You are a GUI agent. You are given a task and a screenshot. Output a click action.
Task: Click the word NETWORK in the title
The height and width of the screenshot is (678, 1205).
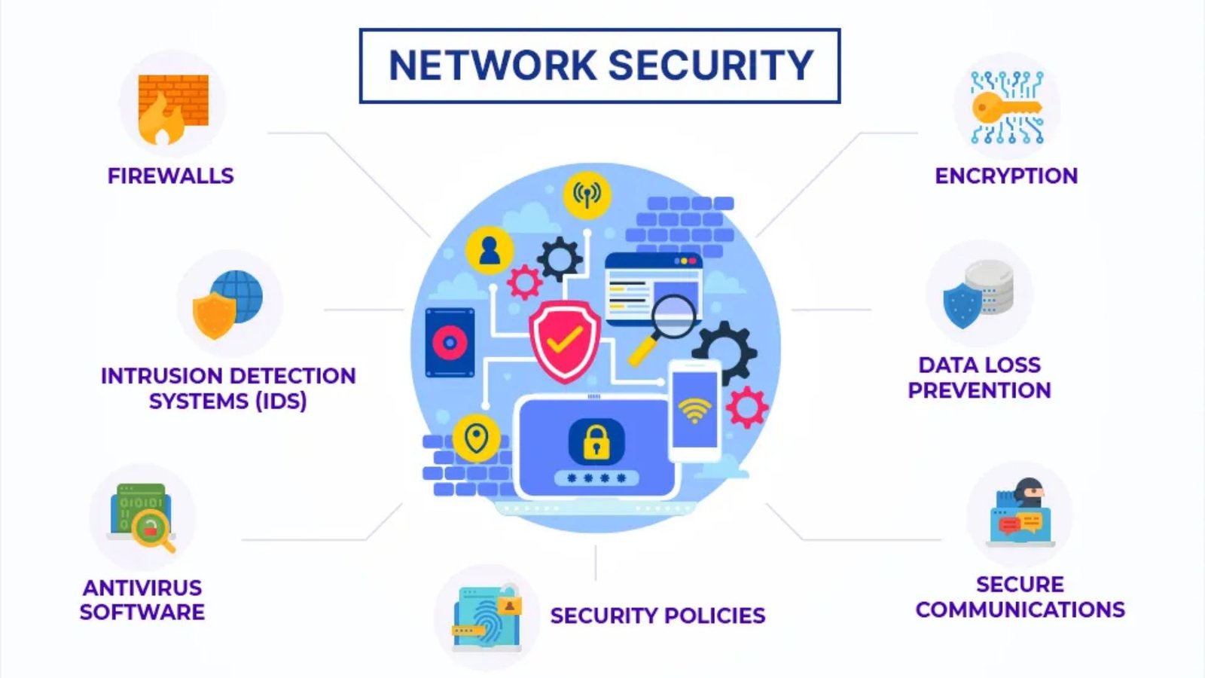493,65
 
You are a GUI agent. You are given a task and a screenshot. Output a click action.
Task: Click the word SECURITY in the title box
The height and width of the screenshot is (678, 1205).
711,65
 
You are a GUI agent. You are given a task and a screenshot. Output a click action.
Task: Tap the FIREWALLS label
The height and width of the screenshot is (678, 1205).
170,176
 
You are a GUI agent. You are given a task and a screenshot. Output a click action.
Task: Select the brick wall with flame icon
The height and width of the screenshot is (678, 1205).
172,109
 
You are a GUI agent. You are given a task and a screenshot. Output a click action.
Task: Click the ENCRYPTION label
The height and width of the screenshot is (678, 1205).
1006,176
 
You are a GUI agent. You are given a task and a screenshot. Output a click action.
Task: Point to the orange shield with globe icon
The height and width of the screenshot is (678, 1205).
228,304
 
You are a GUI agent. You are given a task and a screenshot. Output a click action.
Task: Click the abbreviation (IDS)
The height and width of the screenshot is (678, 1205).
282,401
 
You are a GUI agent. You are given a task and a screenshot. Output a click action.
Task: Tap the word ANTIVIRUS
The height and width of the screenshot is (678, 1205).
142,588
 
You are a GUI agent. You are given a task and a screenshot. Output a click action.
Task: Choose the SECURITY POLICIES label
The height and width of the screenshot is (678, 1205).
657,615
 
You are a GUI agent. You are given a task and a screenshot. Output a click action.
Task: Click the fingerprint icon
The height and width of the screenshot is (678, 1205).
487,618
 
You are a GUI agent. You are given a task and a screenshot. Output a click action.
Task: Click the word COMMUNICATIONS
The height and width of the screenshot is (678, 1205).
1020,609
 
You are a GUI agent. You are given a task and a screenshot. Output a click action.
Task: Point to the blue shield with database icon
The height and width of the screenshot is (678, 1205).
978,295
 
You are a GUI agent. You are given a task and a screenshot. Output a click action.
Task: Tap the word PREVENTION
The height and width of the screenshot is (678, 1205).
979,390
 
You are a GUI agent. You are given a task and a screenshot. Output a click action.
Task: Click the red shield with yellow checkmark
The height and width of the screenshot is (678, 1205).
564,341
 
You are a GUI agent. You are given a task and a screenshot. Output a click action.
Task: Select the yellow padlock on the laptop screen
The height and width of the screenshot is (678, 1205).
596,442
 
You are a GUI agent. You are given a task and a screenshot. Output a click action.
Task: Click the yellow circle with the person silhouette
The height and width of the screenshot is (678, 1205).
489,251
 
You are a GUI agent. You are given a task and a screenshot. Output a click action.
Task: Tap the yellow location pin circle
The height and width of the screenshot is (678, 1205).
476,438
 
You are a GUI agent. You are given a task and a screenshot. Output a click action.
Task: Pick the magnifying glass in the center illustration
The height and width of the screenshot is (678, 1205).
662,328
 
